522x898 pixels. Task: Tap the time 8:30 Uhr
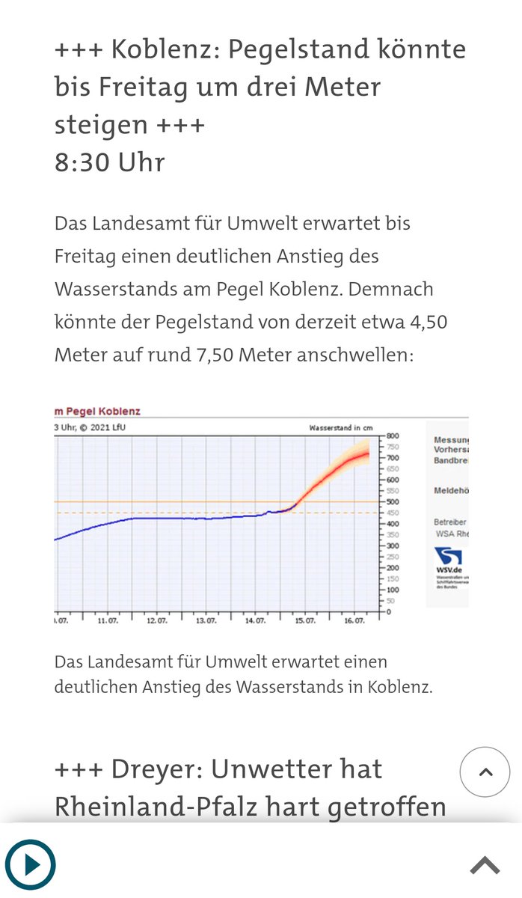109,162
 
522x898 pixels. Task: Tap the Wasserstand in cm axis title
340,428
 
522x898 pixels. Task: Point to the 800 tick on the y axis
393,436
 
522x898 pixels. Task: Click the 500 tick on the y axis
393,501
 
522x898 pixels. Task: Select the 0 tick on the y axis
388,612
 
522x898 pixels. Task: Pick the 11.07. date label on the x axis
108,621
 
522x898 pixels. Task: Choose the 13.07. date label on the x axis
206,621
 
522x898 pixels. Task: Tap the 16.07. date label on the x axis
354,621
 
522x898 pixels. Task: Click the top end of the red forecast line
368,453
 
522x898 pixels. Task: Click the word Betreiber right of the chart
450,522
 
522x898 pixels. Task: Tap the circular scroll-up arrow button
485,772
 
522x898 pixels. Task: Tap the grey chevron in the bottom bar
485,866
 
